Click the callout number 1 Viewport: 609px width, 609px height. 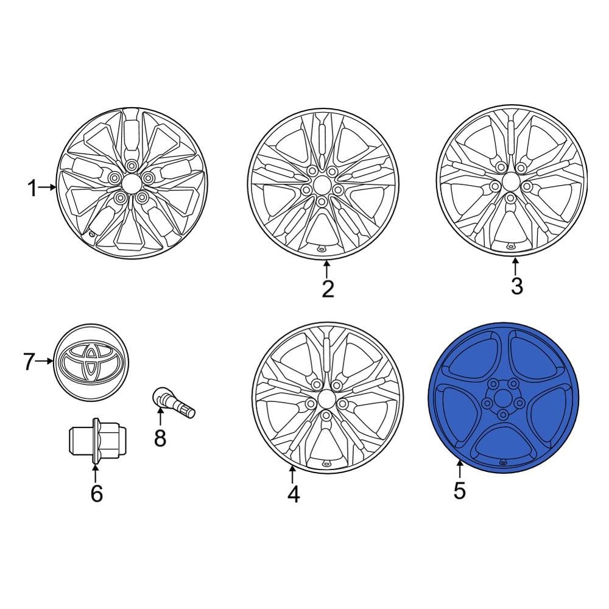pyautogui.click(x=32, y=189)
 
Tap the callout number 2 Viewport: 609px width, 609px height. pyautogui.click(x=328, y=289)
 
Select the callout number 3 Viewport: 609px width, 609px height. pyautogui.click(x=516, y=286)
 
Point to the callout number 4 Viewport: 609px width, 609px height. pyautogui.click(x=293, y=494)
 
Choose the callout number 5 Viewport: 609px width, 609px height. pyautogui.click(x=459, y=490)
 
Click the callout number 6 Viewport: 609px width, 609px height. pyautogui.click(x=96, y=493)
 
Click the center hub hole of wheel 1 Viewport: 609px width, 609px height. pyautogui.click(x=131, y=183)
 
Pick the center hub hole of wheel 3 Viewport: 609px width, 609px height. pyautogui.click(x=510, y=183)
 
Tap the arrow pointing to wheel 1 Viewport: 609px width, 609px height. pyautogui.click(x=49, y=188)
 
